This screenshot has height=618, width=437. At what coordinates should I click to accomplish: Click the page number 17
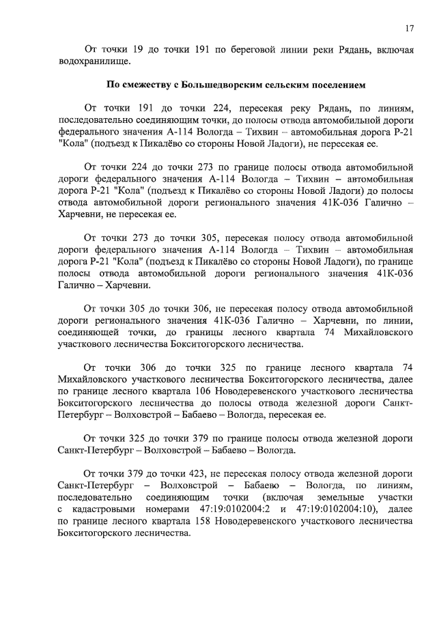tap(410, 28)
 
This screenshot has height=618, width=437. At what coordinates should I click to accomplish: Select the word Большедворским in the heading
tap(208, 85)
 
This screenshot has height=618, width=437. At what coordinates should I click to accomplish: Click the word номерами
tap(166, 509)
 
